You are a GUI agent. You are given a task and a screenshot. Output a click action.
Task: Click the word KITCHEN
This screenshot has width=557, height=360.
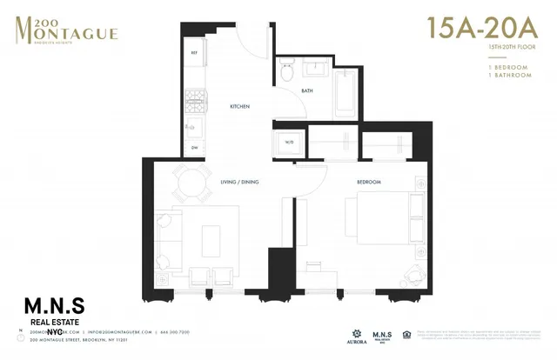pos(239,106)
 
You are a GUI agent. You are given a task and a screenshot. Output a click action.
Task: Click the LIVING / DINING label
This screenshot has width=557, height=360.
pos(240,182)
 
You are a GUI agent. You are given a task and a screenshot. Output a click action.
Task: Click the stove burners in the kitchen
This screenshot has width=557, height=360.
pos(194,97)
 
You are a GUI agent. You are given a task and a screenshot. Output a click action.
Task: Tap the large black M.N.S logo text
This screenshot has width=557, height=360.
pos(60,305)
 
